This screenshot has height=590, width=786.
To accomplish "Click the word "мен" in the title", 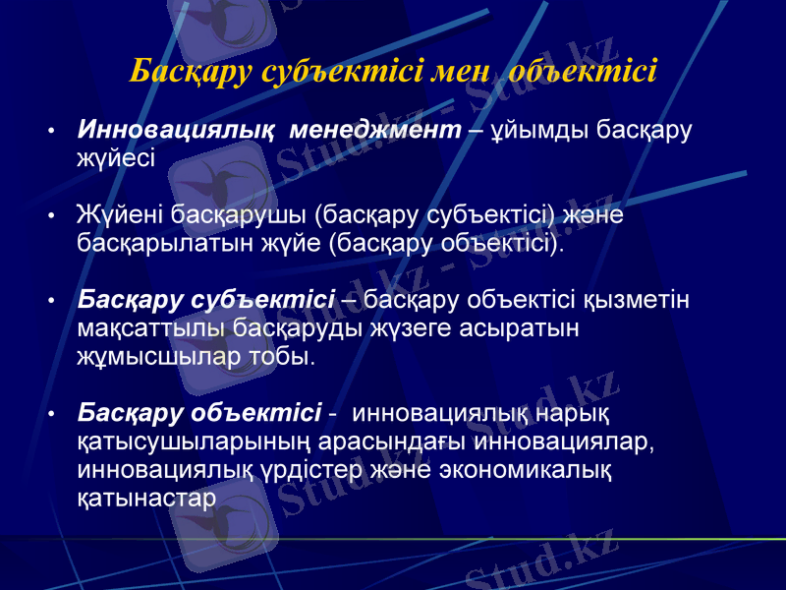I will [x=462, y=72].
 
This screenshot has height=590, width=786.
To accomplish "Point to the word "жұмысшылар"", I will [x=153, y=354].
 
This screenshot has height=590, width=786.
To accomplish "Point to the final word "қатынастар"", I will [x=145, y=497].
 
